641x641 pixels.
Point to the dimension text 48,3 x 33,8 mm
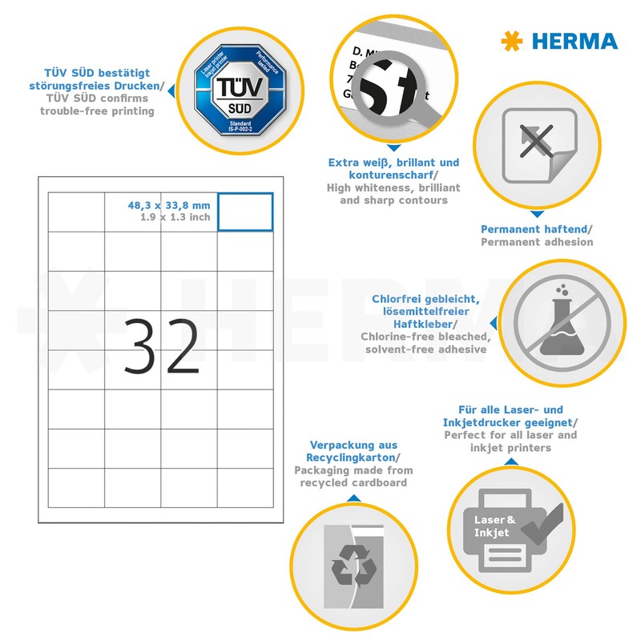[x=168, y=204]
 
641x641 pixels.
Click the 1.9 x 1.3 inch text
[x=175, y=216]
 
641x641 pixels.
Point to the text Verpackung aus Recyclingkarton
[x=353, y=451]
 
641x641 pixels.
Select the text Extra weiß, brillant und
[x=393, y=162]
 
